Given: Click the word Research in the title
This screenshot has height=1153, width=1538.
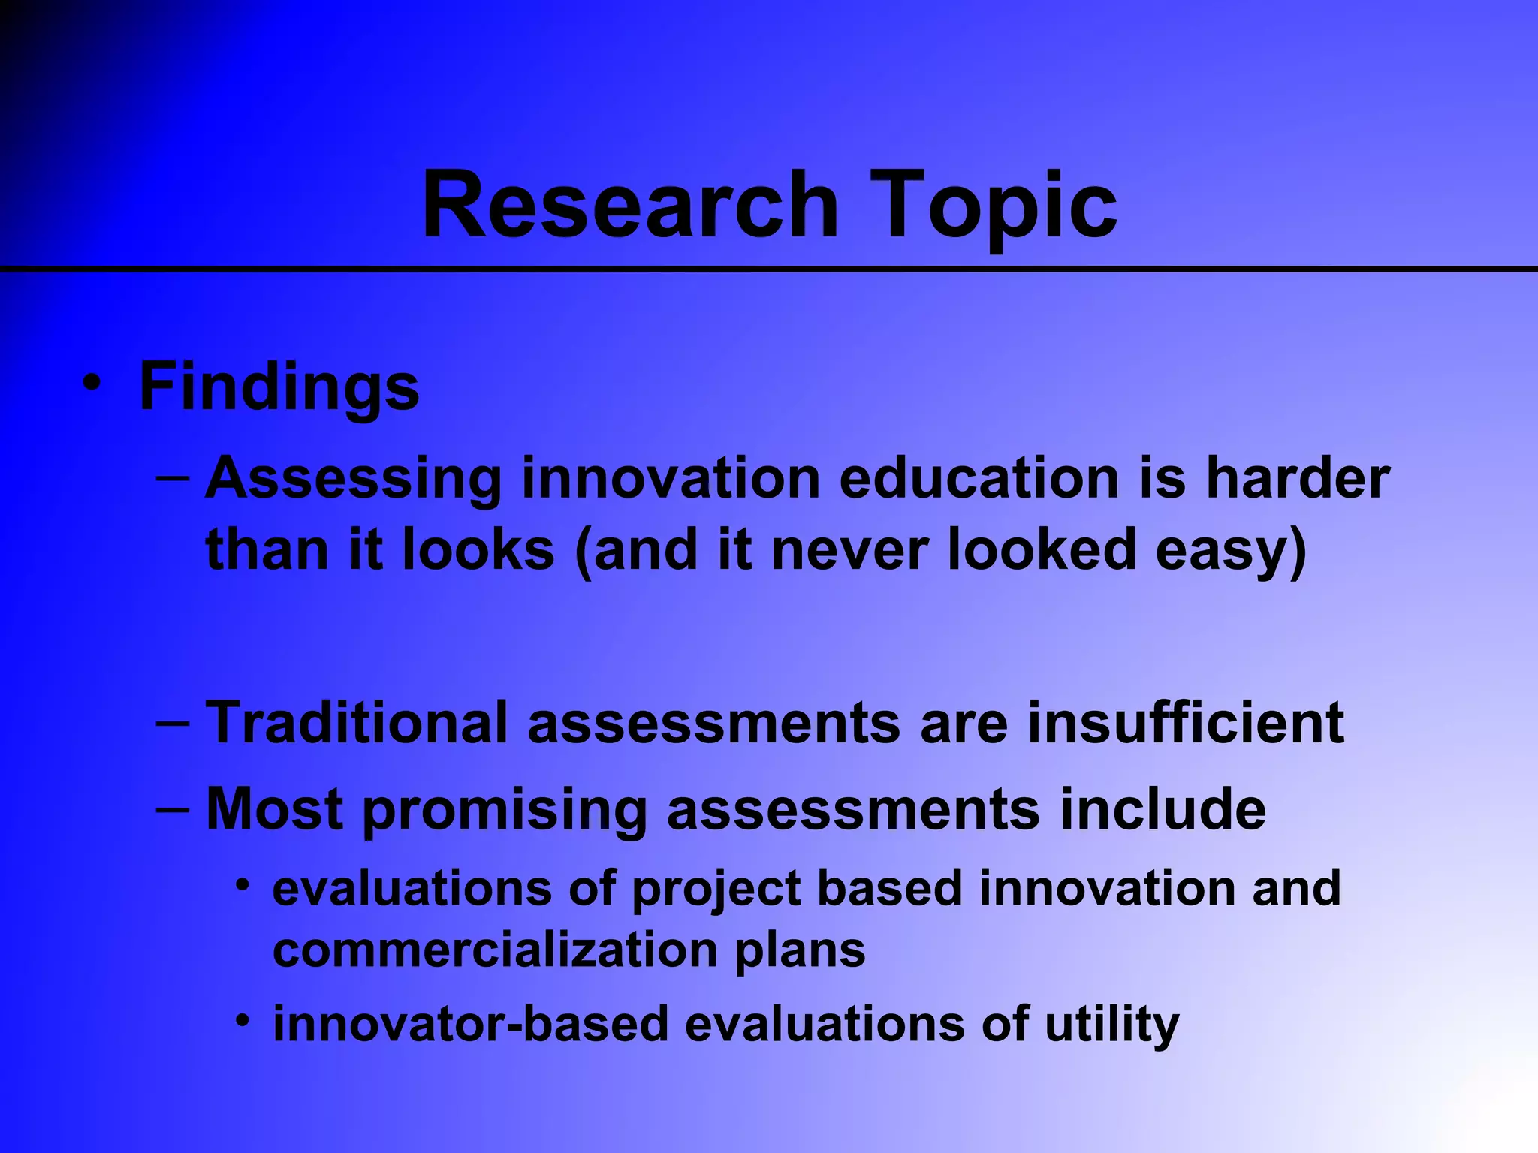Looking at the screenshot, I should pos(629,204).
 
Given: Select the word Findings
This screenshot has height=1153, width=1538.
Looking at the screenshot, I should pos(279,388).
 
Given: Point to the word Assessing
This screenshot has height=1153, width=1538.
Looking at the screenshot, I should pos(354,479).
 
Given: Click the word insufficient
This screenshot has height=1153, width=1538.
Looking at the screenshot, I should pos(1185,722).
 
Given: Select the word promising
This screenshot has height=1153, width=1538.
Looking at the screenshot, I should pos(505,811).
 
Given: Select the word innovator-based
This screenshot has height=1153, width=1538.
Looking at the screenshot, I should pos(470,1024).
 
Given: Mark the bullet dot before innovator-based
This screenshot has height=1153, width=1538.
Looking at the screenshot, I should pos(242,1020).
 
